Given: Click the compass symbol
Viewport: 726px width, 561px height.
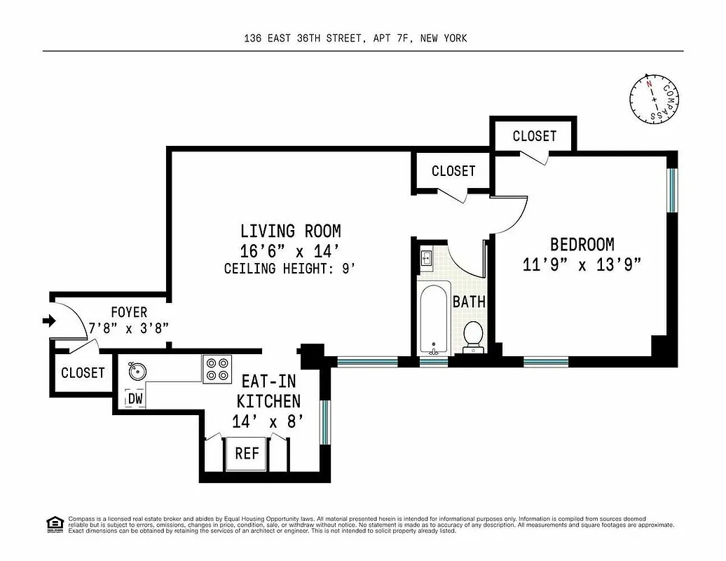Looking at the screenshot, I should click(653, 100).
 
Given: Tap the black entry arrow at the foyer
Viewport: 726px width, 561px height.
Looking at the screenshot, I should click(48, 321).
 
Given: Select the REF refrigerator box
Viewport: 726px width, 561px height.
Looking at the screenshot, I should click(247, 454).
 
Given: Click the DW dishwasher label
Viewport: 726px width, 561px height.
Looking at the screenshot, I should click(135, 399).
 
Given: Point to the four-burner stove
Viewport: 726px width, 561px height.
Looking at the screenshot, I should click(217, 369).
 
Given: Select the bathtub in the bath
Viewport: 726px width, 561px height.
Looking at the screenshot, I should click(434, 319).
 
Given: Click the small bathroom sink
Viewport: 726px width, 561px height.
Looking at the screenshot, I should click(426, 258).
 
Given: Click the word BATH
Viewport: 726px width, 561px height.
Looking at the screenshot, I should click(469, 302).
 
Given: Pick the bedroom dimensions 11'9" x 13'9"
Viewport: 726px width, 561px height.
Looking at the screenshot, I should click(582, 265).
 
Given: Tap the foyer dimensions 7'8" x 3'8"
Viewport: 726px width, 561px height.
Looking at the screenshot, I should click(129, 327).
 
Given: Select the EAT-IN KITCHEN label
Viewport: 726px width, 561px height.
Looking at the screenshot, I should click(270, 391).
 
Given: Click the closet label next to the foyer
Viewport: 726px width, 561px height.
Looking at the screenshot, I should click(83, 373).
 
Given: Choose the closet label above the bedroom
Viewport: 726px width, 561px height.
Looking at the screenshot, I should click(534, 136).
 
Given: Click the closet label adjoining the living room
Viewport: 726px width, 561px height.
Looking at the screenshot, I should click(453, 171).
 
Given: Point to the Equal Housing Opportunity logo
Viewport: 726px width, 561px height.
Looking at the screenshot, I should click(54, 523).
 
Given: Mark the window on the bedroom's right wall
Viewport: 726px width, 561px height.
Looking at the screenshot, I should click(671, 189).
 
